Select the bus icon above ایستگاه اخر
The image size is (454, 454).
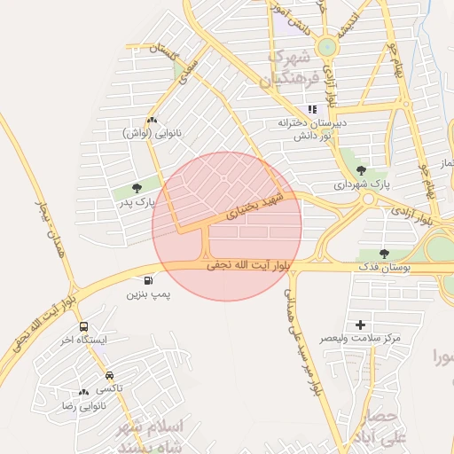pos(82,326)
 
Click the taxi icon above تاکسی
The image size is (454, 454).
pos(109,376)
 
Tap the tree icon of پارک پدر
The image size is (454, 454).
pos(137,187)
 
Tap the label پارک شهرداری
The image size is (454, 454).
pos(362,185)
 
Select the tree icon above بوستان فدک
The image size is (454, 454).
pos(384,253)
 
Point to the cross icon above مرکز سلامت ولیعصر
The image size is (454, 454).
pos(360,325)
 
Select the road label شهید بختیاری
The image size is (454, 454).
pos(255,205)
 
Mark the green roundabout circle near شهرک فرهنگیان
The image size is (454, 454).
pos(327,47)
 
